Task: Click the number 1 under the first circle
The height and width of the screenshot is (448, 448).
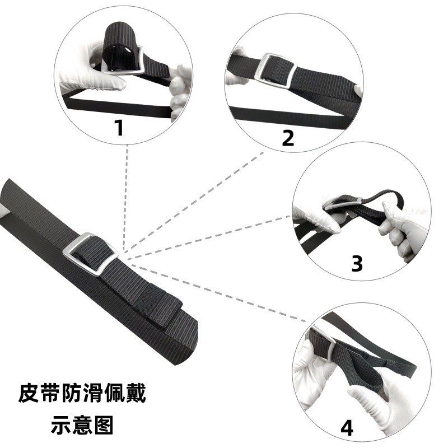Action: click(119, 128)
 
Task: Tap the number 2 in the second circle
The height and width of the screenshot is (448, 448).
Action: click(288, 138)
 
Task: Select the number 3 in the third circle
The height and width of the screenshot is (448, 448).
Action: click(357, 263)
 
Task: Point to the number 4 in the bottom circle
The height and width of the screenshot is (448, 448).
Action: click(347, 428)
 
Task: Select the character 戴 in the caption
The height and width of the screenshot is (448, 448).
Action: click(136, 394)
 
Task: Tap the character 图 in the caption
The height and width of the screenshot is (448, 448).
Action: click(104, 425)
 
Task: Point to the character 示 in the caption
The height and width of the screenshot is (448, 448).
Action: click(61, 425)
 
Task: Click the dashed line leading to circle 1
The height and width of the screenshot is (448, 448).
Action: click(125, 198)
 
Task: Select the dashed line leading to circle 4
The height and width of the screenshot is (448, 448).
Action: click(217, 292)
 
